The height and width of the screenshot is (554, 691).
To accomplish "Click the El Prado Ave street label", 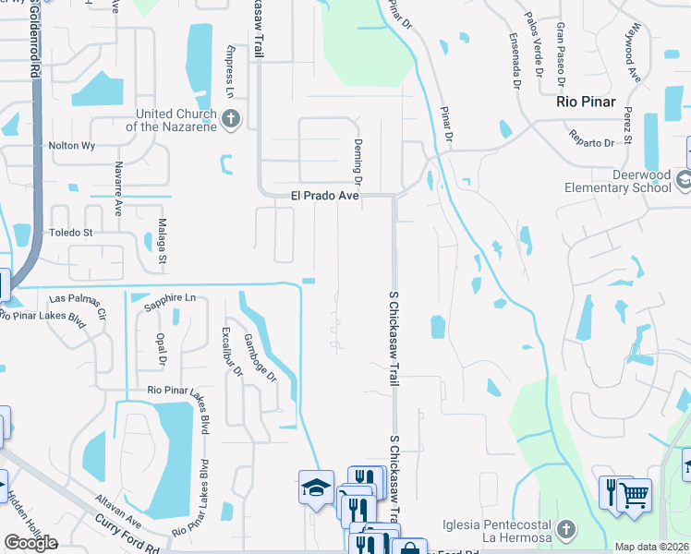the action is pyautogui.click(x=324, y=196).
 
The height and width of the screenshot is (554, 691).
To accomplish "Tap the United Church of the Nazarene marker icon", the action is pyautogui.click(x=231, y=119).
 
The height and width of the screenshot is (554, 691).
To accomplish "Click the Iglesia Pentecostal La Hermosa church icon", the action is pyautogui.click(x=567, y=530).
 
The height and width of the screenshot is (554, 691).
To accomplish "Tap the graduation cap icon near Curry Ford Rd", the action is pyautogui.click(x=315, y=488).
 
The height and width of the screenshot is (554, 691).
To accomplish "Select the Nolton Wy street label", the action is pyautogui.click(x=73, y=145).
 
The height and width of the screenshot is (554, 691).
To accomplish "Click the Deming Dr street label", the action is pyautogui.click(x=357, y=161).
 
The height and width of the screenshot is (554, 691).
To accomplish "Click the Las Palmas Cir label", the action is pyautogui.click(x=79, y=299).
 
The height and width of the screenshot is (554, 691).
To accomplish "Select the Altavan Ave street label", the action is pyautogui.click(x=119, y=508).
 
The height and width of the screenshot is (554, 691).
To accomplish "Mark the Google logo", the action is pyautogui.click(x=30, y=543).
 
